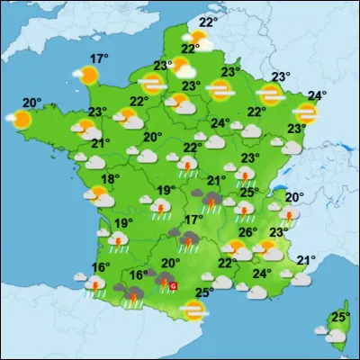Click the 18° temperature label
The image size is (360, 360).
[x=109, y=180]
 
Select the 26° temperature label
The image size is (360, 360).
[x=248, y=231]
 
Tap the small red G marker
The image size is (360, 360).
[x=174, y=285]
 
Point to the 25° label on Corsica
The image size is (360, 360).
[x=338, y=317]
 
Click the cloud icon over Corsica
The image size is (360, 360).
[x=336, y=335]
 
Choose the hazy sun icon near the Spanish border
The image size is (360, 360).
[x=192, y=310]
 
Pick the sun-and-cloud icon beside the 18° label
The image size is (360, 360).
[x=96, y=193]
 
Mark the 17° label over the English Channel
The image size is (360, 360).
[x=98, y=59]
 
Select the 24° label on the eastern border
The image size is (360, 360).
[x=317, y=96]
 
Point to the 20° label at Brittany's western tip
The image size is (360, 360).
[x=31, y=103]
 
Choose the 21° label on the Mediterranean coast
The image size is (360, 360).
[x=306, y=261]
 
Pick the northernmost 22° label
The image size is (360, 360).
[x=208, y=22]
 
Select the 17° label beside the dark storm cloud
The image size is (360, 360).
[x=193, y=220]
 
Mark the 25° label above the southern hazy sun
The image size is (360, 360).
[x=204, y=292]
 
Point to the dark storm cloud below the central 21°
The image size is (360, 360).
[x=212, y=199]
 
